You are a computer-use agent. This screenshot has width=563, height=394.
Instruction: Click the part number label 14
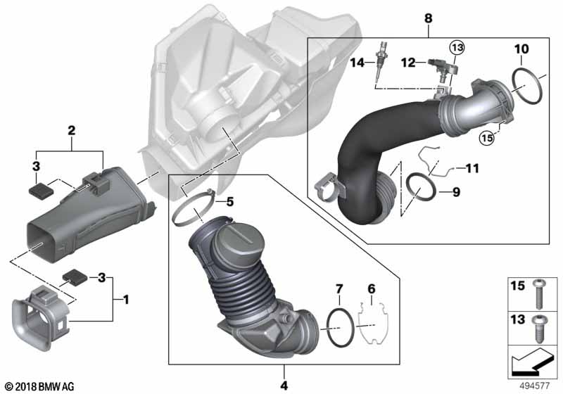point(357,63)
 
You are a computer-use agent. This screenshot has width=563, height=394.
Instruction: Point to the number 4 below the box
point(285,385)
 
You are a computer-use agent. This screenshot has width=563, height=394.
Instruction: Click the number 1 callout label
point(126,300)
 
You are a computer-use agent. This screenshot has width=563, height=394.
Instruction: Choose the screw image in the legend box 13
point(539,327)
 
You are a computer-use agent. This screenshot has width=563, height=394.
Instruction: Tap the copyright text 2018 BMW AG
point(39,386)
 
